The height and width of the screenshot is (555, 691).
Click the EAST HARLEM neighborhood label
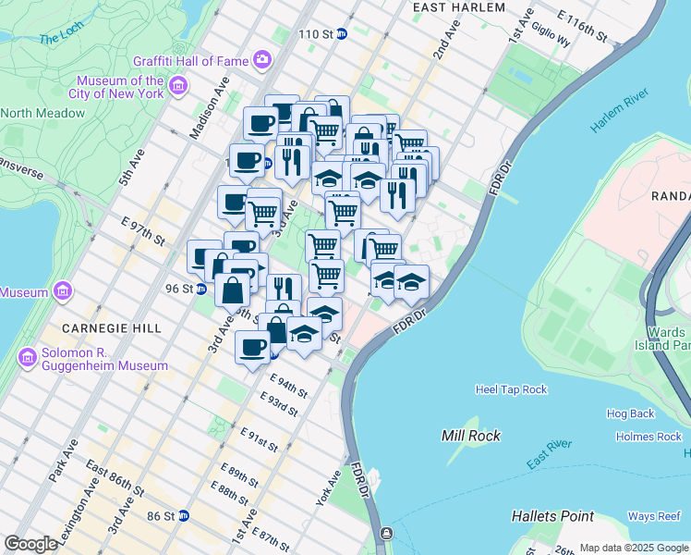[459, 7]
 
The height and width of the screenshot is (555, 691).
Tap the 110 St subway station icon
[342, 34]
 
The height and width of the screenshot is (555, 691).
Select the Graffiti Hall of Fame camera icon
[263, 60]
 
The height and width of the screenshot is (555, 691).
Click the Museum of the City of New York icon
[176, 87]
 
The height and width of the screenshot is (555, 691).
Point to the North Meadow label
[42, 113]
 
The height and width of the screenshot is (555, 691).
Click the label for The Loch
[61, 39]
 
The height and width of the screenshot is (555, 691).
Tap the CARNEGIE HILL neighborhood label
[112, 328]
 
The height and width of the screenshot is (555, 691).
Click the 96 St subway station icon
[201, 289]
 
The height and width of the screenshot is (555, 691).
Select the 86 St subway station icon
[185, 515]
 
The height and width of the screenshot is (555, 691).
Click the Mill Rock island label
[471, 436]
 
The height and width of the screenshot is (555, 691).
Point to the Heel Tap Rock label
[511, 389]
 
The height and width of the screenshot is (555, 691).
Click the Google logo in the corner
[30, 544]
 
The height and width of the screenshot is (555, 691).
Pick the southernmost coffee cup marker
[253, 348]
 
